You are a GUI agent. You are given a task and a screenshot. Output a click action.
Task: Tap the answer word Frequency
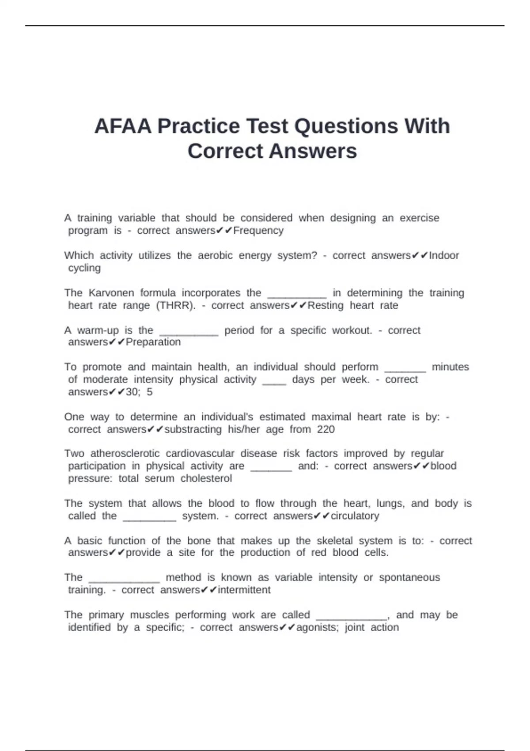(258, 231)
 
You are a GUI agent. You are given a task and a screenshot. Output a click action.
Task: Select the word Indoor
(444, 255)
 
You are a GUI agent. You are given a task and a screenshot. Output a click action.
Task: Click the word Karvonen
(111, 293)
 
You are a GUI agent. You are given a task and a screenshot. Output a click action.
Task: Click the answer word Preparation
(153, 342)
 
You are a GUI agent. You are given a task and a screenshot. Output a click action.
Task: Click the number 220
(326, 429)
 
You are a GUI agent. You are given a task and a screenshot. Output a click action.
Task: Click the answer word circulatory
(355, 516)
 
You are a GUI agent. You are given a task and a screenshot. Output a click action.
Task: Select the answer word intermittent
(244, 590)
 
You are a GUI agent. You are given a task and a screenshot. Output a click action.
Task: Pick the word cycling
(84, 268)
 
